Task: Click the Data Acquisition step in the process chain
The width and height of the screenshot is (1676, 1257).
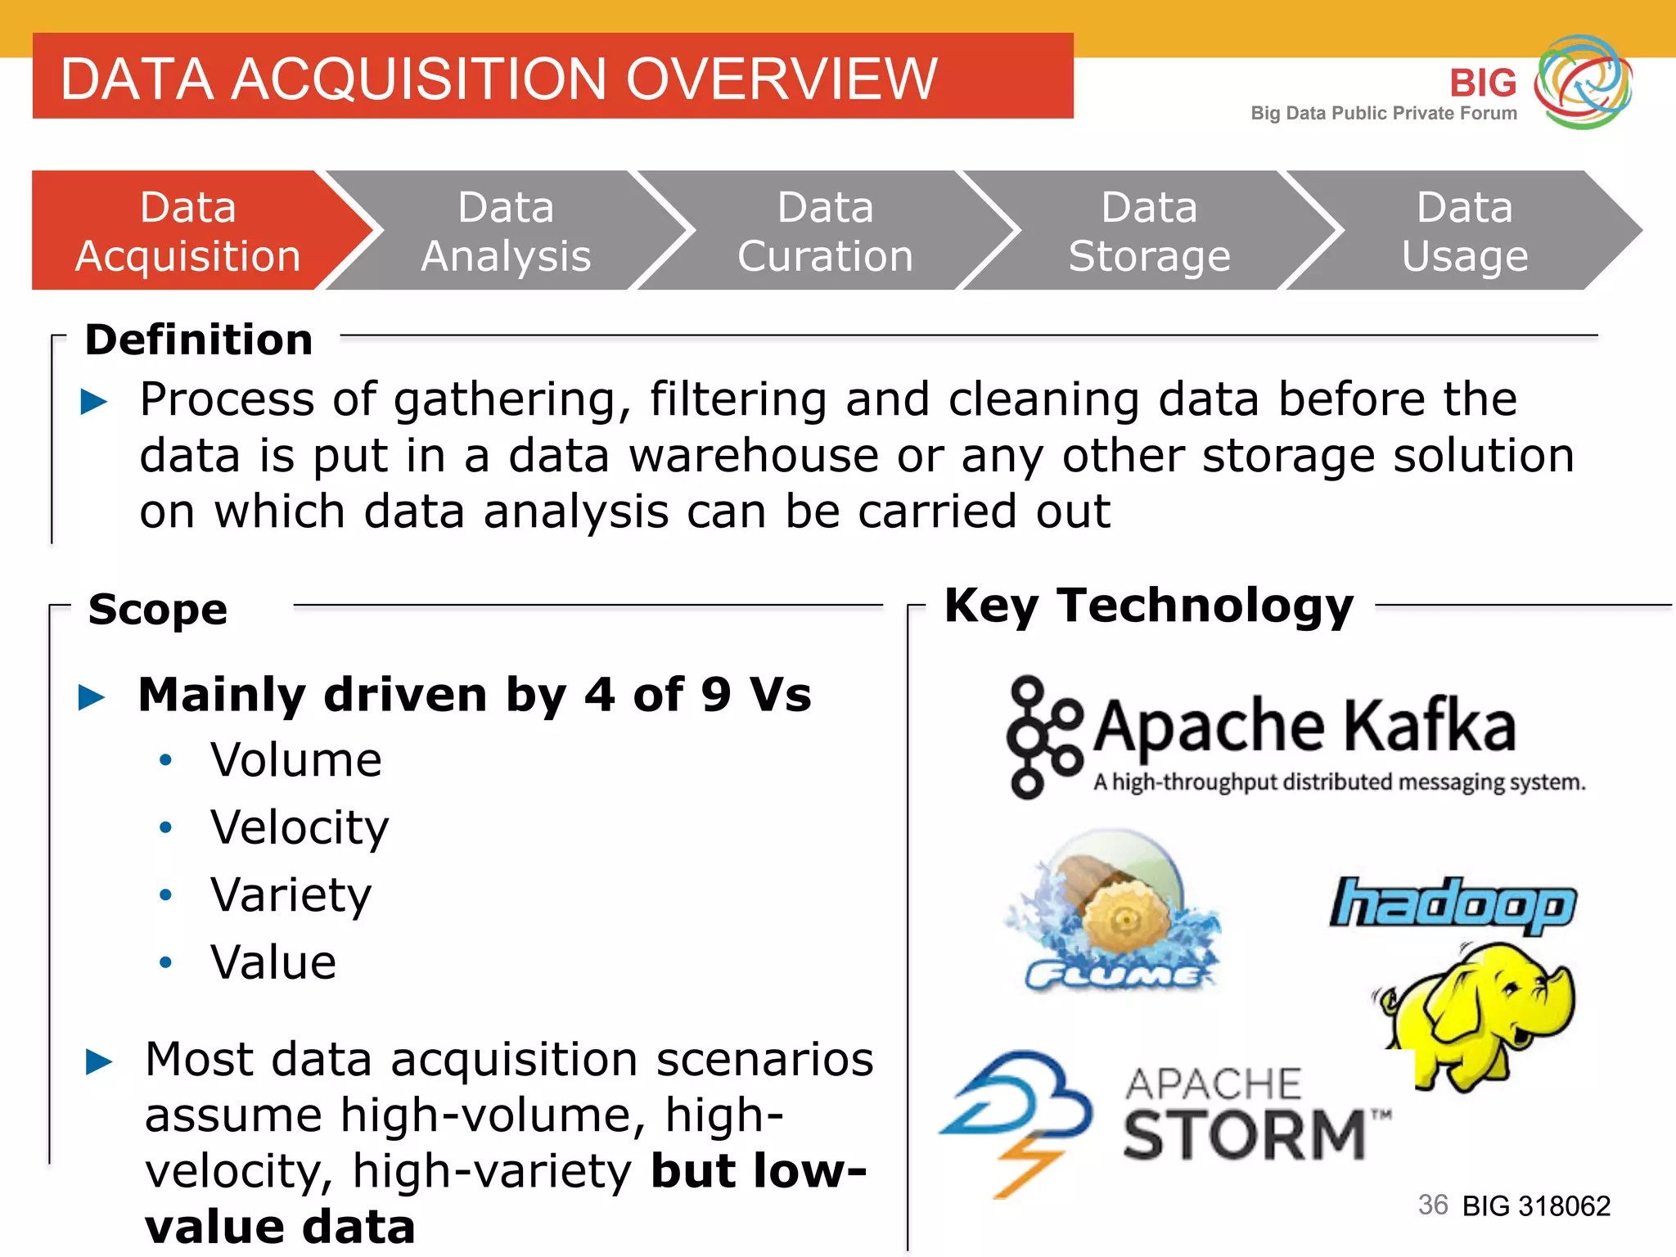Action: pos(188,231)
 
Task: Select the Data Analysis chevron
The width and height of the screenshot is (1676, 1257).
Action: pos(506,231)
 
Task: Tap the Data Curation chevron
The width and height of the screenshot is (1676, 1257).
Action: pos(825,231)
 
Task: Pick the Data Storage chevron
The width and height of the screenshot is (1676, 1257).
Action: pos(1149,231)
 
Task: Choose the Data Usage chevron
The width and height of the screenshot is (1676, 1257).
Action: pos(1465,231)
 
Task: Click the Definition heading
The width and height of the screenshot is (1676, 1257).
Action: pos(199,340)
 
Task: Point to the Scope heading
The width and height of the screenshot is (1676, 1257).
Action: pos(158,610)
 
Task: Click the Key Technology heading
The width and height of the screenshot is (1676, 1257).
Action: pos(1149,606)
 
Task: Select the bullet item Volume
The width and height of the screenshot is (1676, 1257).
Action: pos(296,760)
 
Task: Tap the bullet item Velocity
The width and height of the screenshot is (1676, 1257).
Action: pos(300,827)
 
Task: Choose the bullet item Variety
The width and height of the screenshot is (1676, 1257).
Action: pos(291,894)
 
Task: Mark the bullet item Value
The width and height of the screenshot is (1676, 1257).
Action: pos(273,962)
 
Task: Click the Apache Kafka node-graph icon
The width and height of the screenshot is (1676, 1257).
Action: pos(1043,737)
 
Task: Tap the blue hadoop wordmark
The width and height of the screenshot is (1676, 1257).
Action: pos(1453,905)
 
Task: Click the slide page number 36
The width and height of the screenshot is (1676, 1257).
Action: pos(1433,1205)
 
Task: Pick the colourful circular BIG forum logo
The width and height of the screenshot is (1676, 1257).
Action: pos(1583,82)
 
